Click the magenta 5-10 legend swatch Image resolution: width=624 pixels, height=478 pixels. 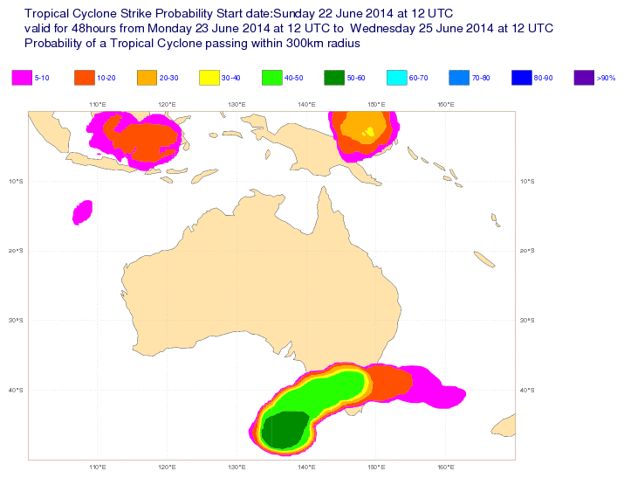click(x=22, y=78)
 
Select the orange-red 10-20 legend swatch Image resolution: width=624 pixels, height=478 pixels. click(x=85, y=78)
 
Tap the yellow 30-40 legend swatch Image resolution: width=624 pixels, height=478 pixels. click(x=209, y=78)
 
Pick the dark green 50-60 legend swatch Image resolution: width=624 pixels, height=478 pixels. click(x=334, y=78)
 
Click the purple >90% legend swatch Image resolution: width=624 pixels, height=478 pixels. click(x=584, y=78)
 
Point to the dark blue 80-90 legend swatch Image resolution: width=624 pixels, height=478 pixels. click(x=522, y=78)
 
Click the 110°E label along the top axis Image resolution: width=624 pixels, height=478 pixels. click(x=98, y=105)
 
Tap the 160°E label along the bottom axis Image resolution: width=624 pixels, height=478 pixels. click(x=444, y=468)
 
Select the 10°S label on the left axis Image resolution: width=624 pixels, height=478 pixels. click(x=16, y=182)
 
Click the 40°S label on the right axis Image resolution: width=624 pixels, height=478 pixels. click(x=526, y=390)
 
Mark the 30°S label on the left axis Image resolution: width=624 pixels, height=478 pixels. click(x=16, y=321)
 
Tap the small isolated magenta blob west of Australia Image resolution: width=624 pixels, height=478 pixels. click(x=82, y=212)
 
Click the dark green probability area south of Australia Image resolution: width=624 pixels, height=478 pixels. click(x=284, y=429)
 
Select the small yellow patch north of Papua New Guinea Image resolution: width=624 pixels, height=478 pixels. click(x=370, y=132)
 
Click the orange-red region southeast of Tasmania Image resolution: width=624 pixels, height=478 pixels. click(x=388, y=382)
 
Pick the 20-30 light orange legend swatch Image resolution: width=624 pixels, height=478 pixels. click(x=147, y=78)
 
